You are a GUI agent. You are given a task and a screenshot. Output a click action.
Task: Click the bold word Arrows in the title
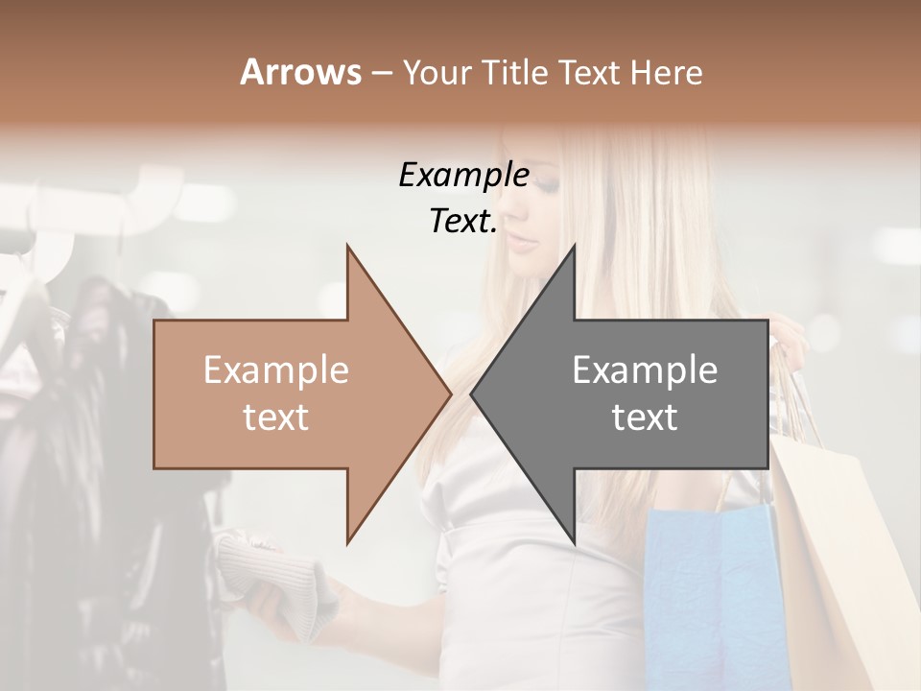coord(300,73)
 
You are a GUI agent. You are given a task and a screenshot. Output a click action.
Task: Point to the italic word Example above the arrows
coord(463,176)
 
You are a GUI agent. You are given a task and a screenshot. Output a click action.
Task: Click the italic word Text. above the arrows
coord(463,222)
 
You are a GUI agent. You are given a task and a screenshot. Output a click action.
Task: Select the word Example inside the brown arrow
coord(276,370)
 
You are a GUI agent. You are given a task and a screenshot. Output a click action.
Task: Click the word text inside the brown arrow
coord(276,417)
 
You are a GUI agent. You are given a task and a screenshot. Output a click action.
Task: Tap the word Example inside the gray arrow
coord(645,370)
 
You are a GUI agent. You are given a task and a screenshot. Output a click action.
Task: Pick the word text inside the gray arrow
coord(645,417)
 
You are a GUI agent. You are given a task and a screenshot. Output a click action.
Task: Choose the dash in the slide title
coord(381,74)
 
